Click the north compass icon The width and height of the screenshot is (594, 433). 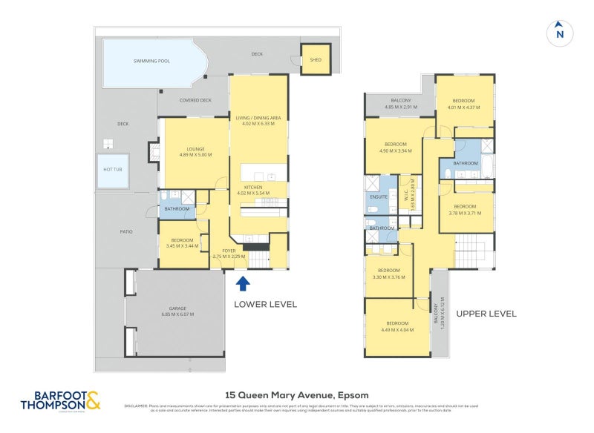pos(560,33)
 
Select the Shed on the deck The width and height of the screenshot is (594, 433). pos(315,60)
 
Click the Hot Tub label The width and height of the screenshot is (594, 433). pos(112,169)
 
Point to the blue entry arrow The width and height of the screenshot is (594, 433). pos(242,284)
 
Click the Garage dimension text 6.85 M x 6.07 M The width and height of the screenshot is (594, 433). pos(177,314)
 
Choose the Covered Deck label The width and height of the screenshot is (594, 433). pos(195,100)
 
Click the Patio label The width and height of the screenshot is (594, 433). pos(126,232)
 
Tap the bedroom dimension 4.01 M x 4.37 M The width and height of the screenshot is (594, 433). pos(463,107)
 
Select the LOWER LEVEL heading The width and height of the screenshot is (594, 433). pos(265,304)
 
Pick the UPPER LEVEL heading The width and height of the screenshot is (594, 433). pos(486,314)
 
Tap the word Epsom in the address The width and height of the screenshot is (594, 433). pos(353,395)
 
